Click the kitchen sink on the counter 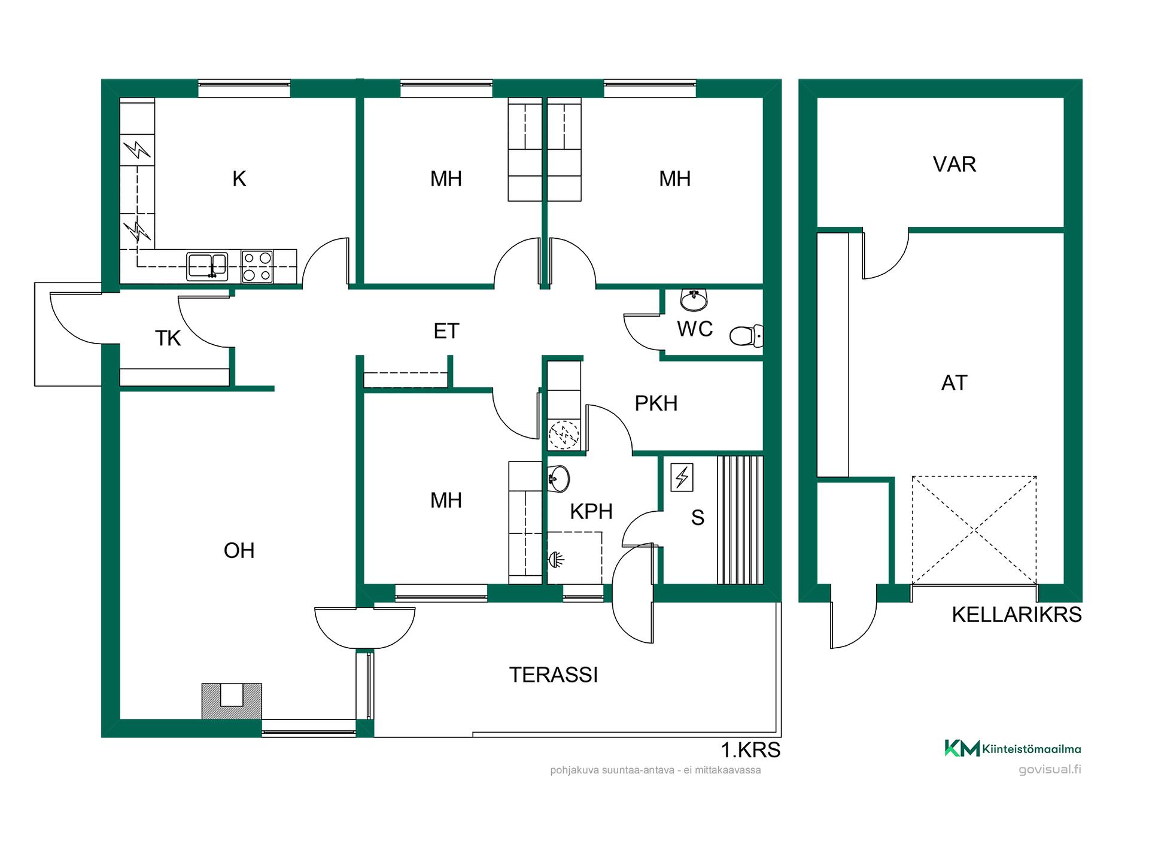pos(207,266)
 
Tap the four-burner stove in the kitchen pos(257,266)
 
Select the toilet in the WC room pos(746,336)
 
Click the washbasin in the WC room pos(694,300)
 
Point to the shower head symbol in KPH pos(557,560)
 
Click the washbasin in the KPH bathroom pos(558,479)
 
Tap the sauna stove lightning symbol pos(682,478)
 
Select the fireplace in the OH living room pos(232,701)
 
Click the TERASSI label pos(554,675)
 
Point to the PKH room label pos(656,403)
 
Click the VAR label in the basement pos(955,164)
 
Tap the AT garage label pos(955,383)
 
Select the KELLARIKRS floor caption pos(1017,615)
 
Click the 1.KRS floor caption pos(750,750)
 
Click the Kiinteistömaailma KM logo pos(1013,748)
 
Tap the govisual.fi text pos(1050,769)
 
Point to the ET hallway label pos(446,331)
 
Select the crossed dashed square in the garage pos(974,530)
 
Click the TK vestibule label pos(168,338)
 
